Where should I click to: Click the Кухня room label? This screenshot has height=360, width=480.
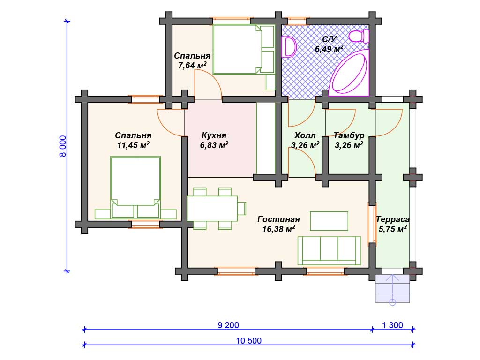coord(214,135)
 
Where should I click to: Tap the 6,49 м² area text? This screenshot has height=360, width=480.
coord(329,49)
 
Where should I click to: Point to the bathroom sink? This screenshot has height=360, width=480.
coord(289,47)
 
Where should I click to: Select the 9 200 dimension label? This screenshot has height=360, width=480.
coord(228,325)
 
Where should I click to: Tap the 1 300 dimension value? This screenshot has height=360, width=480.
coord(392,325)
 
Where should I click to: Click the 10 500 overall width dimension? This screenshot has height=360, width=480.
coord(248,341)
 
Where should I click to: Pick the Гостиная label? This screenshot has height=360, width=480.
coord(278,219)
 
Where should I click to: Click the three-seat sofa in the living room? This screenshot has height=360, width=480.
coord(329,250)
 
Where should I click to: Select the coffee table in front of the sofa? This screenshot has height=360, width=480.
coord(329,221)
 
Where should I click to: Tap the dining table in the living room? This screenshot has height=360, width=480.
coord(212,209)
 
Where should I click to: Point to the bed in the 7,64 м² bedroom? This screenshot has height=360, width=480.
coord(243,49)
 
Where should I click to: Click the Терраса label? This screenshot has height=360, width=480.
coord(393,219)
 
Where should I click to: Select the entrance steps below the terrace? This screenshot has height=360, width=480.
coord(392,288)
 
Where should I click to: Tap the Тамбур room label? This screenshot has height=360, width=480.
coord(349,135)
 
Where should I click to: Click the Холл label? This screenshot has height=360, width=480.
coord(305,135)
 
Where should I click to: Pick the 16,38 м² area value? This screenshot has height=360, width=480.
coord(278,229)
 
